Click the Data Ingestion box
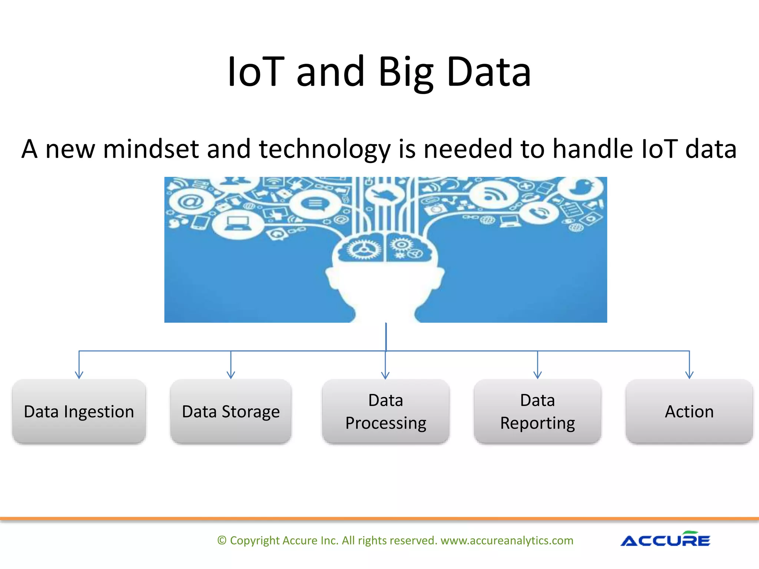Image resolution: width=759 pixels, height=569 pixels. point(79,411)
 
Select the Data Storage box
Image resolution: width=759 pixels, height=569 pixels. point(231,411)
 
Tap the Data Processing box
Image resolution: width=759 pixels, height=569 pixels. point(385,411)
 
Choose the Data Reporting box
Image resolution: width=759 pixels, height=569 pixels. point(537,411)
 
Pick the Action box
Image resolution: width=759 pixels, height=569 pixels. point(689,411)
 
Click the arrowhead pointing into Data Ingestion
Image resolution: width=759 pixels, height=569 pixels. point(79,375)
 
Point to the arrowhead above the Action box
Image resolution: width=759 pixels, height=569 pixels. point(689,375)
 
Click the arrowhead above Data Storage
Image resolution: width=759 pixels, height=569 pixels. point(231,375)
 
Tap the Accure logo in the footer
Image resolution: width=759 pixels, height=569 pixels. point(665,540)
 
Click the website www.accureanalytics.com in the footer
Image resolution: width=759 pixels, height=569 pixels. point(507,540)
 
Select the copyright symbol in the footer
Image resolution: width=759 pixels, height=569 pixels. point(222,540)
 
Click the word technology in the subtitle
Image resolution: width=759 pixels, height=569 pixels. point(325,149)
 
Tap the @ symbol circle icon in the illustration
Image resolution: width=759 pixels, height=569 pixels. point(191,202)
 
